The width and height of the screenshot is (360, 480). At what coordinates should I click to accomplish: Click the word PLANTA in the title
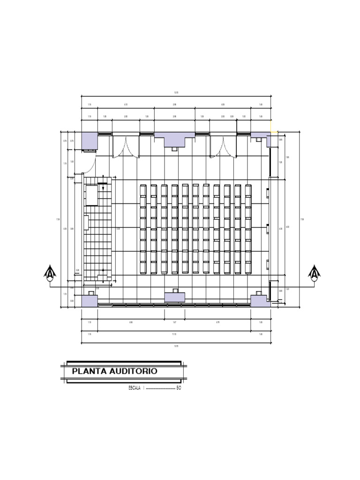tap(89, 372)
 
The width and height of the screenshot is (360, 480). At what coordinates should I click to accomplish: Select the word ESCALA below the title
tap(134, 388)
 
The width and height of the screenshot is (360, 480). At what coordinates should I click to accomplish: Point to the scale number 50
tap(179, 388)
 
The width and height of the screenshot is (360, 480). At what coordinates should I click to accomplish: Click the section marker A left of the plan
tap(50, 273)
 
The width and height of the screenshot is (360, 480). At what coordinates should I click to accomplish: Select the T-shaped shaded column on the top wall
tap(174, 139)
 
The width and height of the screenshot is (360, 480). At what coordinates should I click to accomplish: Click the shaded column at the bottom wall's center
tap(174, 297)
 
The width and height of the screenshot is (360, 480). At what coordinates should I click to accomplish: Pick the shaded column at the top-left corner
tap(89, 140)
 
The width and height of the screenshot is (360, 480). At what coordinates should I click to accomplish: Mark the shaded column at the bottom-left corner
tap(89, 300)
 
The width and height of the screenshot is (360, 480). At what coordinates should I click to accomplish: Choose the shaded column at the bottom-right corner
tap(259, 300)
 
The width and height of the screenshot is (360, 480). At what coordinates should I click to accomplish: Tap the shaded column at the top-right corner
tap(260, 135)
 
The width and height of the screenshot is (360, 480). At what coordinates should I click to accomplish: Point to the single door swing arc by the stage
tap(92, 164)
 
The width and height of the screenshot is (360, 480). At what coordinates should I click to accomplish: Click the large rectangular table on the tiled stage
tap(91, 195)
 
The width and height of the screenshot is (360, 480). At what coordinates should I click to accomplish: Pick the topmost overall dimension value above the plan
tap(176, 93)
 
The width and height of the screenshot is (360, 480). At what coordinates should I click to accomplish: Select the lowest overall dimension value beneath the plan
tap(176, 346)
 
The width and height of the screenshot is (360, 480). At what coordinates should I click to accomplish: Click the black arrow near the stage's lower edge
tap(103, 270)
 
